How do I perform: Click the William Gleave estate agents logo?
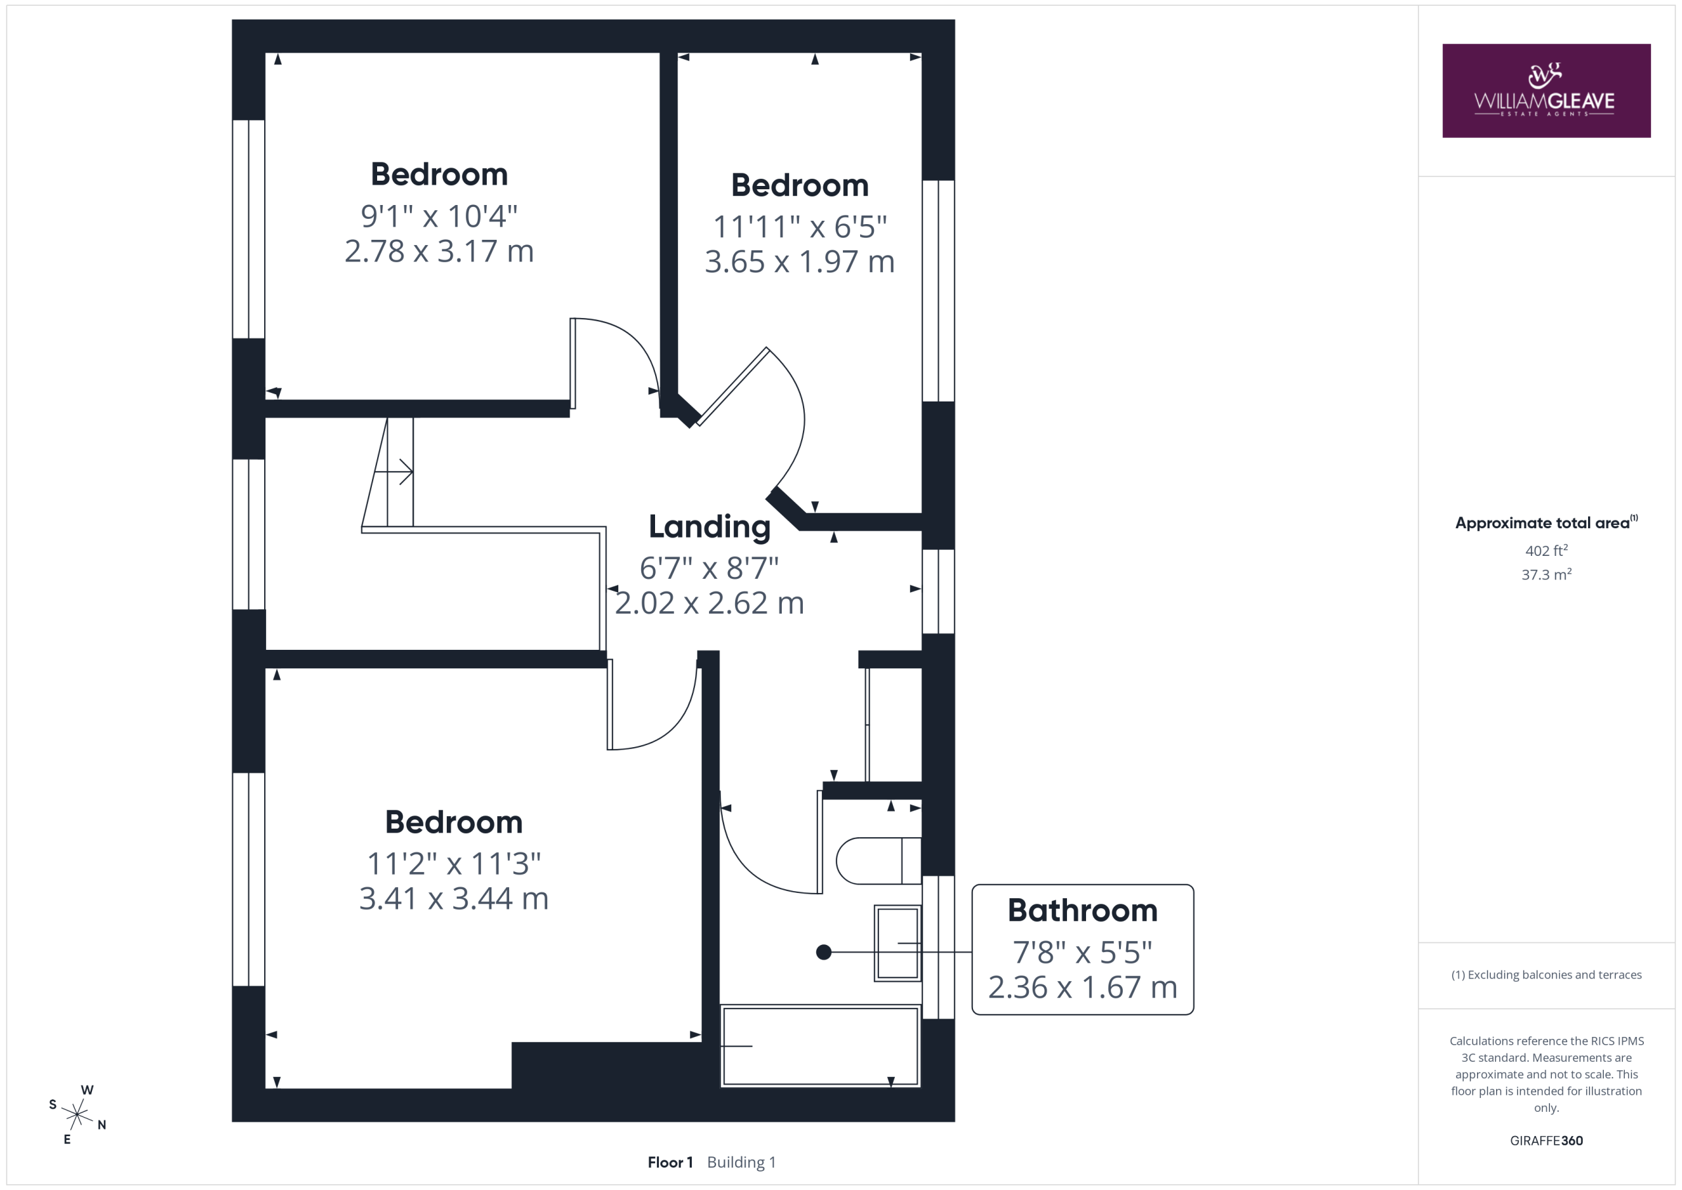pyautogui.click(x=1546, y=91)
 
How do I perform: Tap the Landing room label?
pyautogui.click(x=709, y=527)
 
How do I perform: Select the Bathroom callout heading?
pyautogui.click(x=1082, y=910)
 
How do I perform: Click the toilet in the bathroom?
pyautogui.click(x=878, y=860)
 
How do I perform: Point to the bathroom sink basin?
pyautogui.click(x=898, y=943)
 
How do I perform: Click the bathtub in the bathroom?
pyautogui.click(x=821, y=1045)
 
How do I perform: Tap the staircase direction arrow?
pyautogui.click(x=394, y=472)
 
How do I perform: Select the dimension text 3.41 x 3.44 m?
pyautogui.click(x=453, y=898)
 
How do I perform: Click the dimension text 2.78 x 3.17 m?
pyautogui.click(x=439, y=251)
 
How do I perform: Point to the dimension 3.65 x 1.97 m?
pyautogui.click(x=799, y=262)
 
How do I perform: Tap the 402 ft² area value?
pyautogui.click(x=1547, y=550)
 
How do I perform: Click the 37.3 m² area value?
pyautogui.click(x=1547, y=574)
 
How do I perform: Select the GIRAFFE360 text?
pyautogui.click(x=1547, y=1140)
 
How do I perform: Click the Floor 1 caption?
pyautogui.click(x=670, y=1162)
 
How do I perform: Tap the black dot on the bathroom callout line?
pyautogui.click(x=823, y=952)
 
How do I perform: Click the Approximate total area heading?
pyautogui.click(x=1547, y=522)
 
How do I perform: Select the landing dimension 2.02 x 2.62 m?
pyautogui.click(x=709, y=603)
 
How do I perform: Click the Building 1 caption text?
pyautogui.click(x=741, y=1162)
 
